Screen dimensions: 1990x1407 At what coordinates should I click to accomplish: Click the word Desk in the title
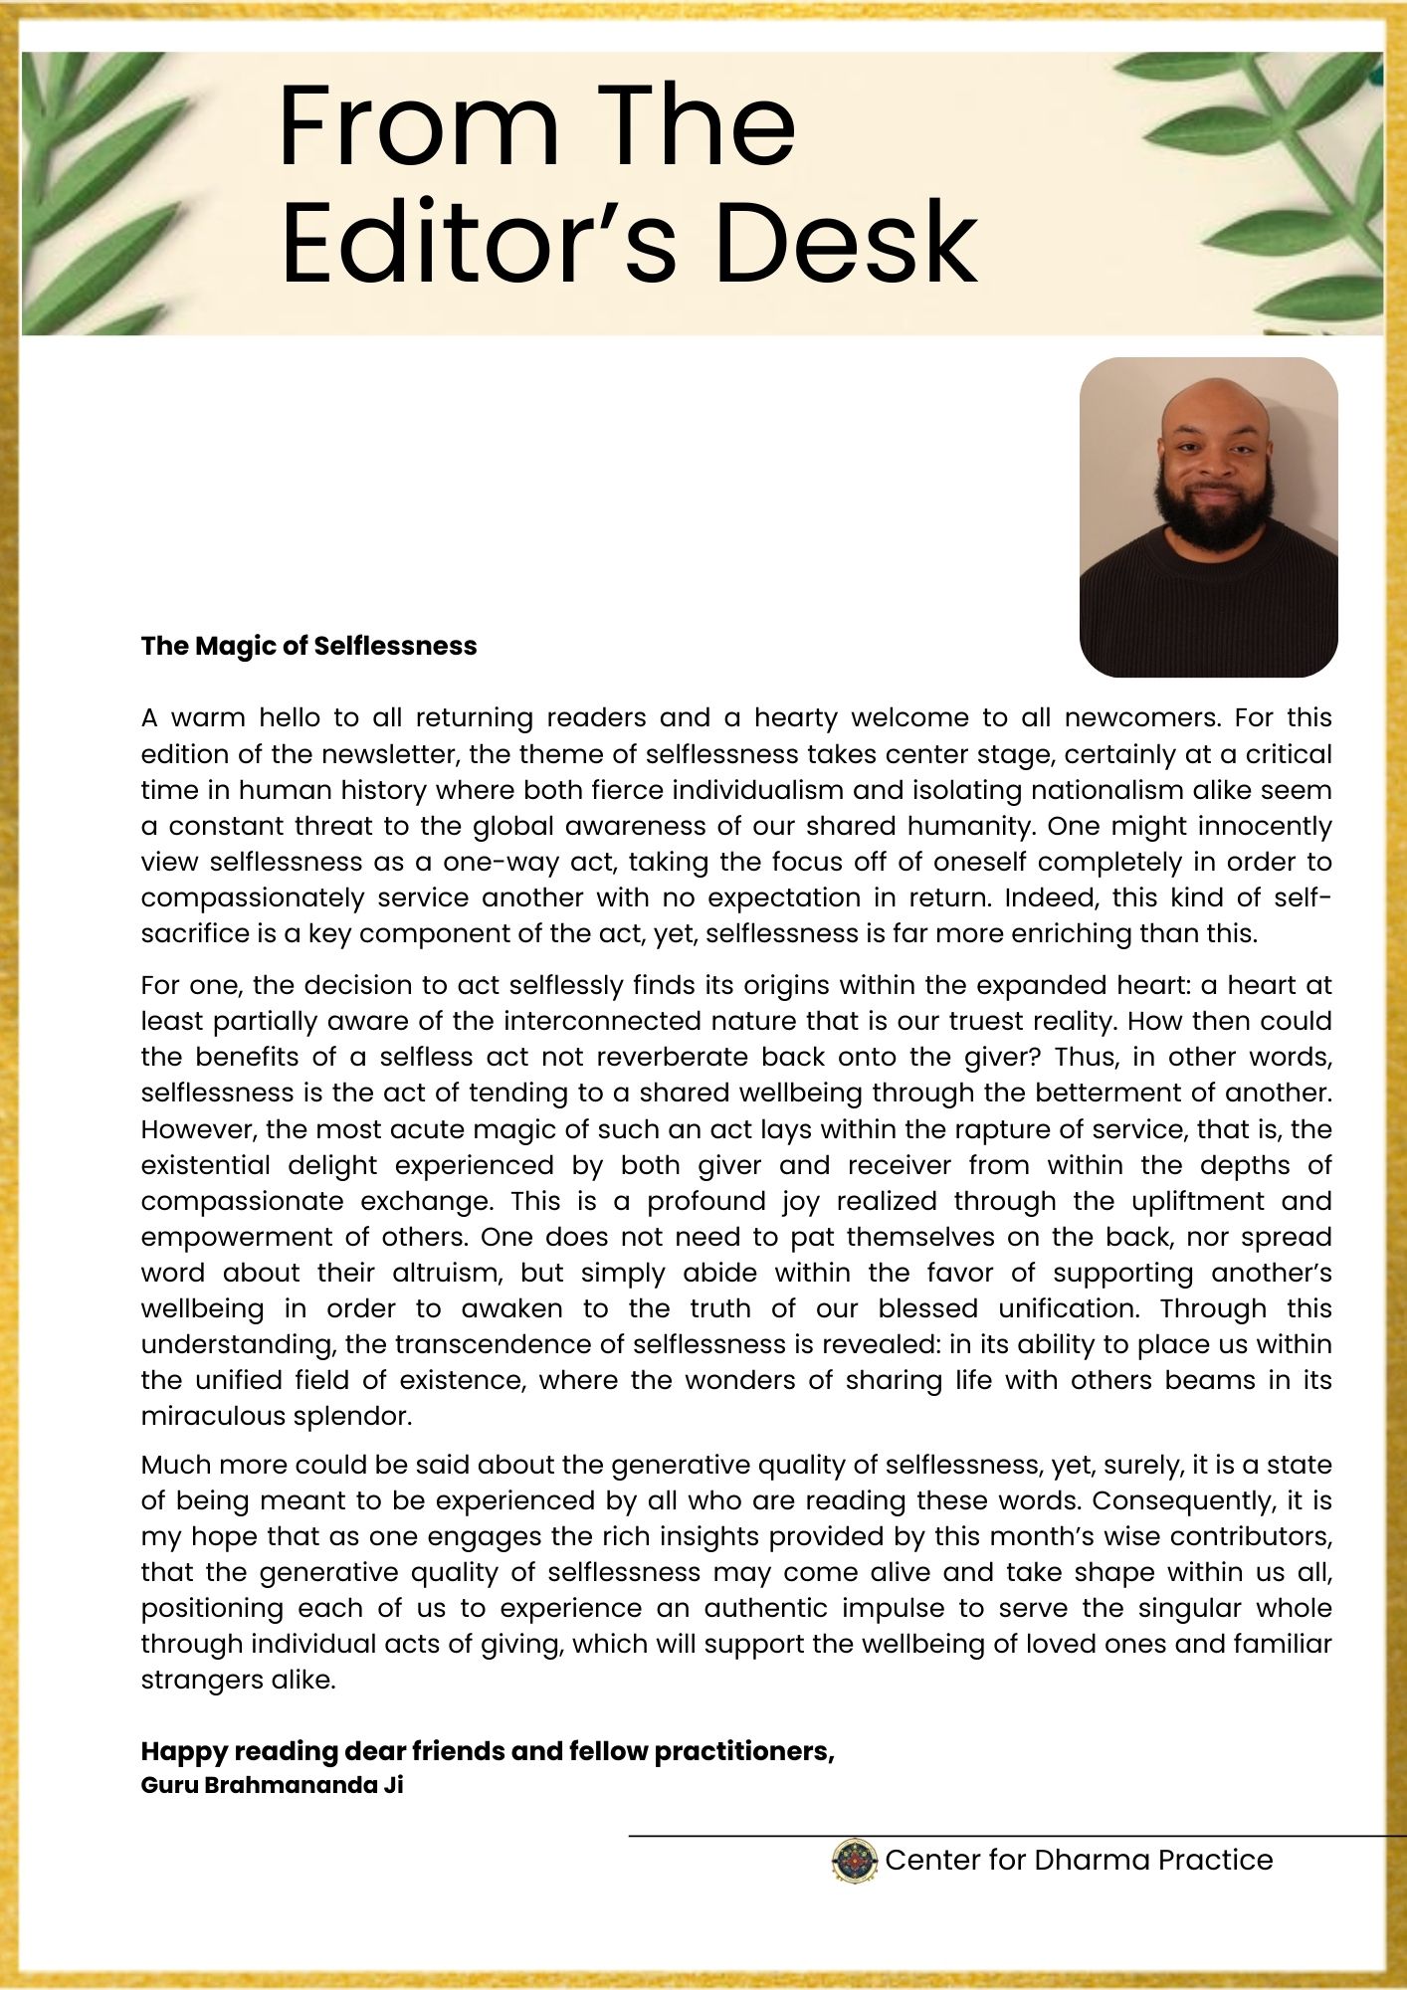point(847,243)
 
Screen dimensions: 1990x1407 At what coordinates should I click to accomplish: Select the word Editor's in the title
point(478,243)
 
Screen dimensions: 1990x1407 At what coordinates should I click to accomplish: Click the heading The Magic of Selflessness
point(308,646)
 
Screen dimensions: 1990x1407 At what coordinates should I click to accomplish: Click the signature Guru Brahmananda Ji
point(272,1785)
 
